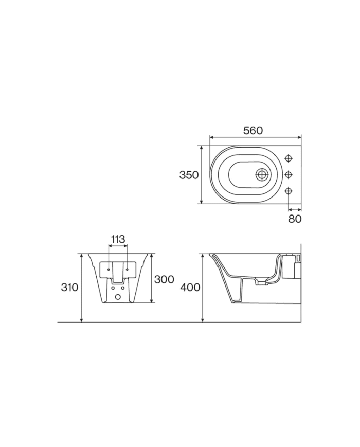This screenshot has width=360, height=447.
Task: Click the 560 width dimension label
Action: [x=253, y=131]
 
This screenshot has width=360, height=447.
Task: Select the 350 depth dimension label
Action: [x=189, y=175]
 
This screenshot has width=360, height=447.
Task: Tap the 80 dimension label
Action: [x=295, y=219]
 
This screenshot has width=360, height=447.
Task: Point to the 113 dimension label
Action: [x=118, y=239]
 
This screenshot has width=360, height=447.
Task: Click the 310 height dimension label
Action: [x=69, y=288]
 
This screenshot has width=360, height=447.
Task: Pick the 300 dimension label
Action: [x=164, y=279]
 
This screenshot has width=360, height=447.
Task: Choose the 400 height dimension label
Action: [x=190, y=288]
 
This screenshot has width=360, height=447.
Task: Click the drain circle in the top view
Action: [x=262, y=174]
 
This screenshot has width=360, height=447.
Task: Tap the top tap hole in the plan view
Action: [x=289, y=158]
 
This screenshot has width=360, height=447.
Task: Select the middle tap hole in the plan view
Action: [x=289, y=174]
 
